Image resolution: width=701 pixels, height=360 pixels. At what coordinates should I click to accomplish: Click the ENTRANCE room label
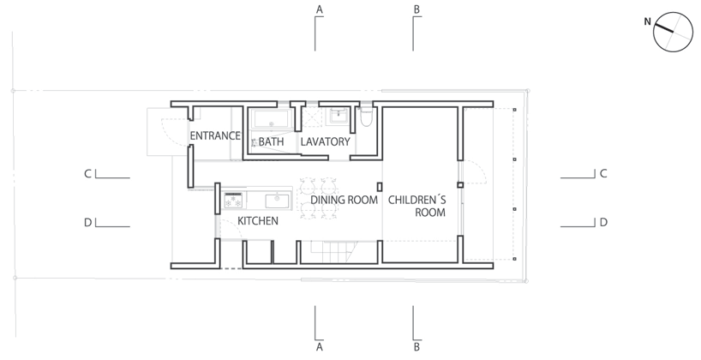coord(214,136)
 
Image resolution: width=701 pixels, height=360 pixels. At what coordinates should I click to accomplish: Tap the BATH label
coord(271,141)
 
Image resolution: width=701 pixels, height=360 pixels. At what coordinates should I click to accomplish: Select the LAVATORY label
coord(326,141)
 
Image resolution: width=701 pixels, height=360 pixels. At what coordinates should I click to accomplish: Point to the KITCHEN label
coord(257,220)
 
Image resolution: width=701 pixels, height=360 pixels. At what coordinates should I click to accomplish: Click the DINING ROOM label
coord(345,200)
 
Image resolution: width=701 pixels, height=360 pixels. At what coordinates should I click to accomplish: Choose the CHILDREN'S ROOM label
coord(417,206)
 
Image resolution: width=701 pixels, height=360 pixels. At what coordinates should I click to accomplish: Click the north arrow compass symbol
coord(670,32)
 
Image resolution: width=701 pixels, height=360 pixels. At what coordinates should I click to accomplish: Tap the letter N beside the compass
coord(648,21)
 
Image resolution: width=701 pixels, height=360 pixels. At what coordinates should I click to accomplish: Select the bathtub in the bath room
coord(271,120)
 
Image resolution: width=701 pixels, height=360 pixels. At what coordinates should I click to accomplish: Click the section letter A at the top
coord(319,9)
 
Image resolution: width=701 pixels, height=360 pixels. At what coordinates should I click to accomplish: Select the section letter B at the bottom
coord(417,347)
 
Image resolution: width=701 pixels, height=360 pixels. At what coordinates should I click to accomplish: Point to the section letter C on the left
coord(87,174)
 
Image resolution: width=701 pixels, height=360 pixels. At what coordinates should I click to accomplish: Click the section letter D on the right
coord(603,222)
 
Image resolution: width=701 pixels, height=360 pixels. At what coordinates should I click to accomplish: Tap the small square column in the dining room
coord(378,186)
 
